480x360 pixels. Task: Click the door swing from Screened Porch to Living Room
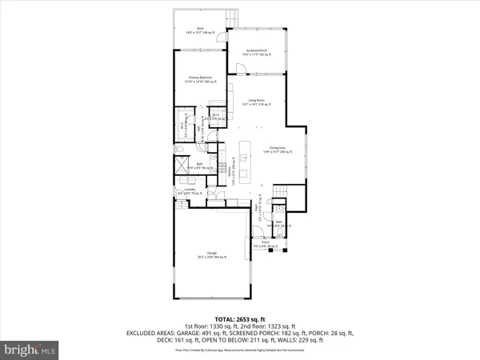236,69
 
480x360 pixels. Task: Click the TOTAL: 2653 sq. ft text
239,320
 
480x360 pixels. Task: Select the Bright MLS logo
30,350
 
